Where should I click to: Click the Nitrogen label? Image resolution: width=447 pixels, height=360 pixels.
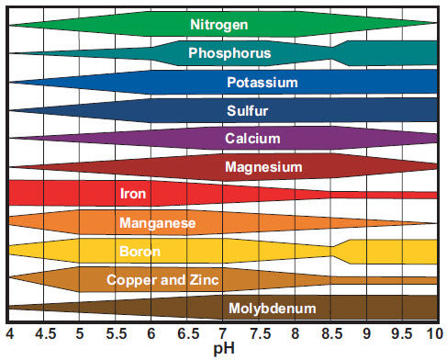223,24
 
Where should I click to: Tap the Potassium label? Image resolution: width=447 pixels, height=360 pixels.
263,83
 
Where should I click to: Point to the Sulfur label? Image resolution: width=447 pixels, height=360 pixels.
248,111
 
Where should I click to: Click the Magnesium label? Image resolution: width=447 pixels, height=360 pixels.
263,167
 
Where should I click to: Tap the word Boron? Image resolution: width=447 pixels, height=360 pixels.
140,251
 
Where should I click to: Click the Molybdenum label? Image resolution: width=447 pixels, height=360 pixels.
272,308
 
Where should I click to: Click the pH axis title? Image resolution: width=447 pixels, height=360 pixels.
224,350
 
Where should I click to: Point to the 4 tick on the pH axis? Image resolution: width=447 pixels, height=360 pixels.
9,332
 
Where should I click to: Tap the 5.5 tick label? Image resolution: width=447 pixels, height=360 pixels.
116,332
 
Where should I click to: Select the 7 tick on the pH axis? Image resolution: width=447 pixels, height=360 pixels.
223,332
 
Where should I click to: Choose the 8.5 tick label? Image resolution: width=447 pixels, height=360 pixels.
330,332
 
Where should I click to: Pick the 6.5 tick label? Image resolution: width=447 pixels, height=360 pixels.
187,332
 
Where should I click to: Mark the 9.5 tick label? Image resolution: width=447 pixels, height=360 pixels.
401,332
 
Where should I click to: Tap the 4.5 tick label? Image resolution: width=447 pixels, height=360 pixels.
44,332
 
